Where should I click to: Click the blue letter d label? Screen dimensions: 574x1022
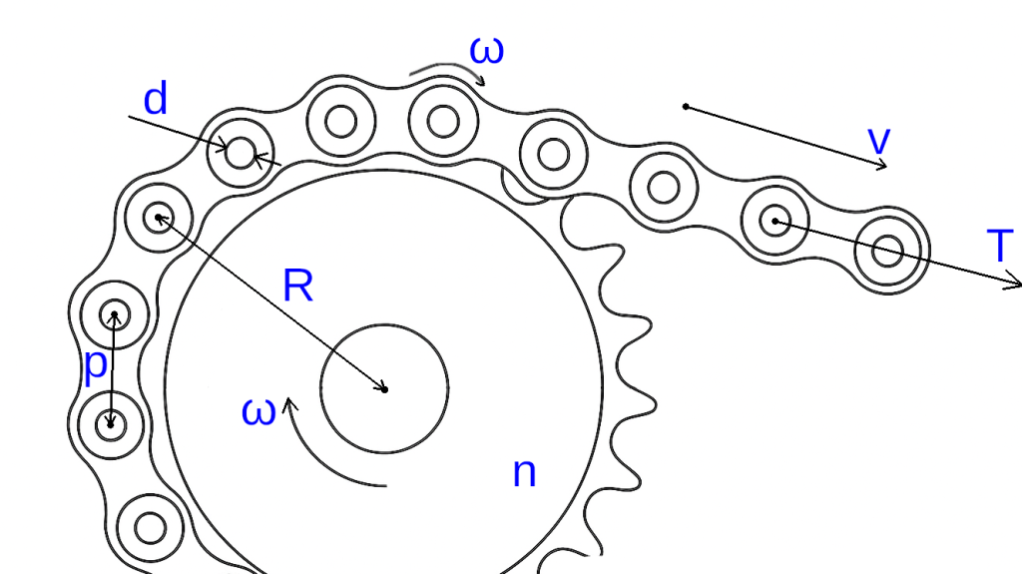tap(156, 100)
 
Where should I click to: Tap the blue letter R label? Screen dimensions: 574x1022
tap(297, 287)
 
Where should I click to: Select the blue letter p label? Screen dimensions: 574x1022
tap(95, 366)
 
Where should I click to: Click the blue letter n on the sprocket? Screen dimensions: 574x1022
tap(524, 472)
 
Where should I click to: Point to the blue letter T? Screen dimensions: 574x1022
tap(999, 247)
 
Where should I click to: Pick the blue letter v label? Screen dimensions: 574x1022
tap(878, 141)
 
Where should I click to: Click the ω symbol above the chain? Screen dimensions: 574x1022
tap(486, 50)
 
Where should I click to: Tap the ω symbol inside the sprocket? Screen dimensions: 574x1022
tap(257, 411)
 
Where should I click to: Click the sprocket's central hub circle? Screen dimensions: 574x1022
tap(384, 387)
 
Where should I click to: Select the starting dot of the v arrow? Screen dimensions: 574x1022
tap(685, 106)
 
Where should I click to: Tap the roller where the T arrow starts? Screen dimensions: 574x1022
tap(774, 220)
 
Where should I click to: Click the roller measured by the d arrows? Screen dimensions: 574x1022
tap(240, 153)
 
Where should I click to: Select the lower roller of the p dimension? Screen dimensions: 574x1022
tap(111, 425)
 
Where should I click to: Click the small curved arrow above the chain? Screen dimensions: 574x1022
tap(444, 72)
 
